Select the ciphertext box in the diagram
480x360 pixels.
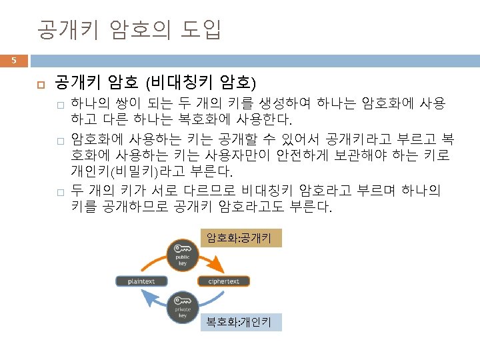(x=223, y=281)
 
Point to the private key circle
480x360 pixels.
(x=183, y=308)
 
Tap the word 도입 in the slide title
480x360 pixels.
(x=201, y=29)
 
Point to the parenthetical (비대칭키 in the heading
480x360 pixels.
(x=175, y=83)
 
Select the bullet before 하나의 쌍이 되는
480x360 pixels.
(x=59, y=105)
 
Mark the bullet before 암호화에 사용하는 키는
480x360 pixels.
(x=59, y=141)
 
